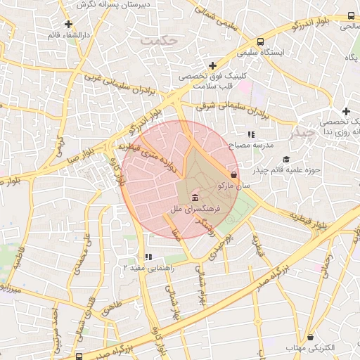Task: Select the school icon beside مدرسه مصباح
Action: pyautogui.click(x=250, y=134)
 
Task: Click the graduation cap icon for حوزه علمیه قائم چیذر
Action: pyautogui.click(x=285, y=160)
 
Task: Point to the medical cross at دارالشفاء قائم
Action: pyautogui.click(x=68, y=24)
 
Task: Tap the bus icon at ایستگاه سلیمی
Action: pyautogui.click(x=261, y=41)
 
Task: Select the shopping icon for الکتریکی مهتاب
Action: pyautogui.click(x=311, y=338)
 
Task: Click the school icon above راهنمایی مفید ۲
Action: pyautogui.click(x=147, y=257)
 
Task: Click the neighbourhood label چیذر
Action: pyautogui.click(x=304, y=132)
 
